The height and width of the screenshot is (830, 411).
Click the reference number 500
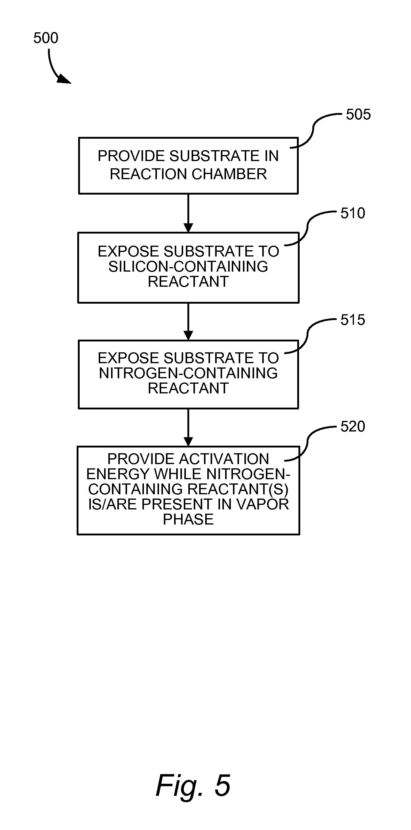[x=46, y=38]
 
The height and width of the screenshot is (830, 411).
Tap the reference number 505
[x=358, y=115]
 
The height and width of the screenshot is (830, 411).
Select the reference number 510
[x=353, y=213]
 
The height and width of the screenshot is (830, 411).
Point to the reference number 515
[x=353, y=320]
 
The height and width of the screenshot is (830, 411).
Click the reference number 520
[x=353, y=427]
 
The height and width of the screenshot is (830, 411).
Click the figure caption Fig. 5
[x=193, y=786]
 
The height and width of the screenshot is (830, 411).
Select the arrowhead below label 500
[x=64, y=79]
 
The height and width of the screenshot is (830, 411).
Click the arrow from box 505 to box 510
[x=188, y=213]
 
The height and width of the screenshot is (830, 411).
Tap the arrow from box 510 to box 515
[x=188, y=321]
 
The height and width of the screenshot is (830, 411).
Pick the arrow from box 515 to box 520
[x=188, y=428]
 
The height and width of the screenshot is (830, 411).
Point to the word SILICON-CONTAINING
[x=188, y=266]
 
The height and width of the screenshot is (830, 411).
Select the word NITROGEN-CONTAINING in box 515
[x=188, y=373]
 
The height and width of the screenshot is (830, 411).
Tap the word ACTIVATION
[x=223, y=459]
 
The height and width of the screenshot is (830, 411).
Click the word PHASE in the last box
[x=188, y=519]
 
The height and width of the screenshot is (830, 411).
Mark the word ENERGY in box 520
[x=118, y=474]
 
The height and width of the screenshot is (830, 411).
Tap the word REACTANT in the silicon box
[x=188, y=282]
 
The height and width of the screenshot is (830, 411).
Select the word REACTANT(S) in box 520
[x=237, y=489]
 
